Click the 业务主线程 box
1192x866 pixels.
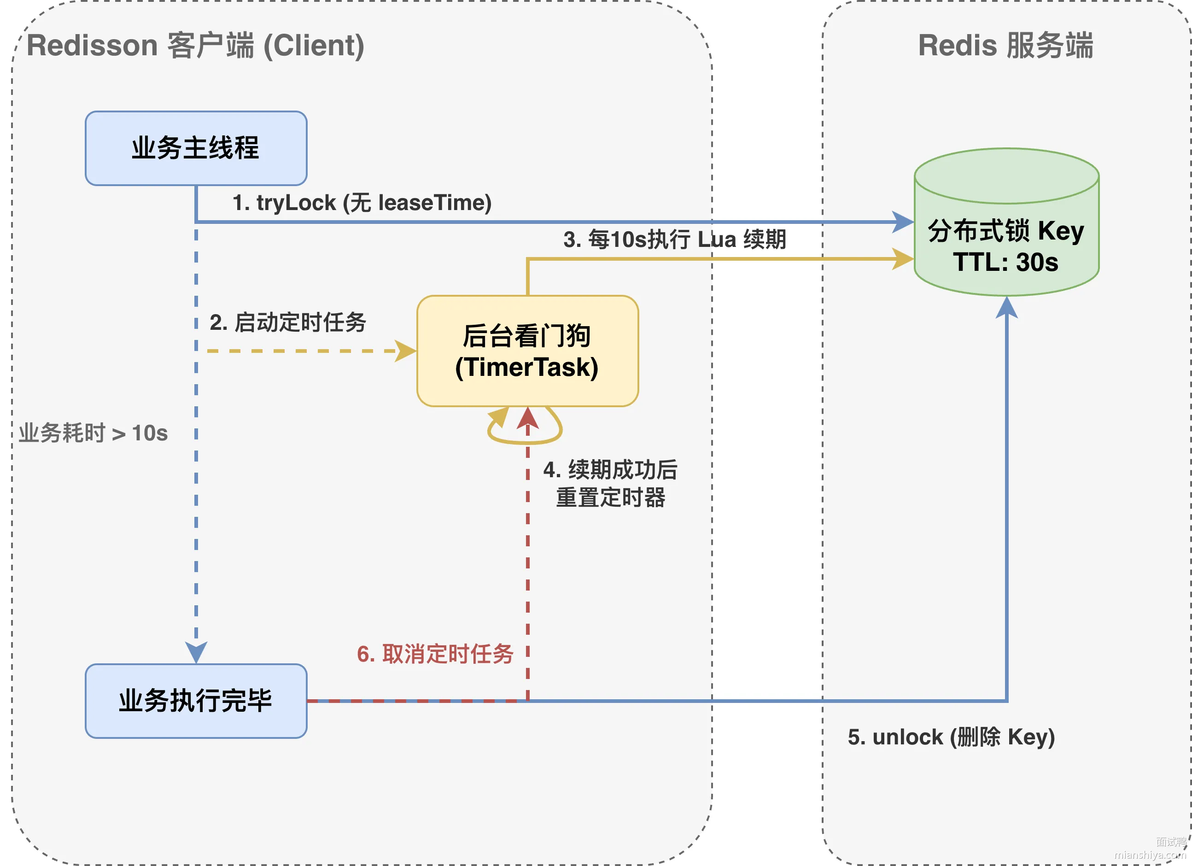196,148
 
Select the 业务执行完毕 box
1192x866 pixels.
196,701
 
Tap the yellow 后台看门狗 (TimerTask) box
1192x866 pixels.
528,351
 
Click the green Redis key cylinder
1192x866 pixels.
1006,222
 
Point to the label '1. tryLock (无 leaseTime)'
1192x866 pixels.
362,203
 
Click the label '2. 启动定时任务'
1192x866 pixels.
288,322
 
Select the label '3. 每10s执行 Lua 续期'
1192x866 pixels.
675,240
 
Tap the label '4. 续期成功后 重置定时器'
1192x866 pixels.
611,484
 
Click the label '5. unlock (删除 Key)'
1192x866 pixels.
951,737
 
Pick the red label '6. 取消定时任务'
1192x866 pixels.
435,654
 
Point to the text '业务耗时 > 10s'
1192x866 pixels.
93,433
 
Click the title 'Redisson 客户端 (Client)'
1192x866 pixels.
195,45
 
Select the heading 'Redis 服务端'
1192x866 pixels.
1005,45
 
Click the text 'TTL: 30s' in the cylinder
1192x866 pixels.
1005,262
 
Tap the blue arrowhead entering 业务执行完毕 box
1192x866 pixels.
196,653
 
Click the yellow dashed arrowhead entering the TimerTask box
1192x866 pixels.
406,351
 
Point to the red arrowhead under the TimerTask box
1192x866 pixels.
528,418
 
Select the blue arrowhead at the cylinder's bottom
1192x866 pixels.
1006,307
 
